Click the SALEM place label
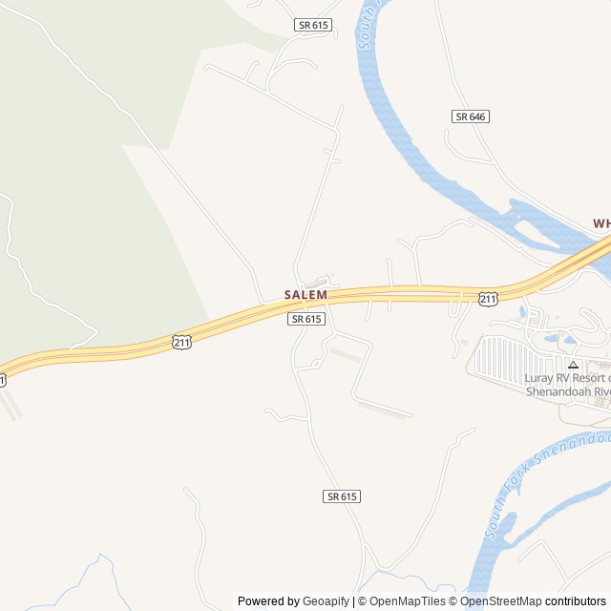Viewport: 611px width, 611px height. coord(305,295)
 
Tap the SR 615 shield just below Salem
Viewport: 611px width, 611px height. coord(305,319)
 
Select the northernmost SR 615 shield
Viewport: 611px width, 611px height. coord(313,25)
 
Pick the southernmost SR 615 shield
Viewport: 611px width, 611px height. coord(342,496)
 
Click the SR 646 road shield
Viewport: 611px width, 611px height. coord(471,116)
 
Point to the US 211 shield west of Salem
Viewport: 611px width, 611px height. coord(181,342)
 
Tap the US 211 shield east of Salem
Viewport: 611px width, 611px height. coord(488,299)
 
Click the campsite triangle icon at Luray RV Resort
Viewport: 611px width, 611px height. coord(573,364)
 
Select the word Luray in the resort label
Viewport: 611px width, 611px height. coord(539,377)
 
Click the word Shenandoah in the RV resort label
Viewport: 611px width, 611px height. coord(560,390)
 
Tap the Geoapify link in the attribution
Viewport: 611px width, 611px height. coord(326,601)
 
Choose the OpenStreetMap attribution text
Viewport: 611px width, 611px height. coord(500,601)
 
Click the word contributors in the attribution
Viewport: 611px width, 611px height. coord(576,601)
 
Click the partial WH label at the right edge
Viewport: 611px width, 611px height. coord(601,223)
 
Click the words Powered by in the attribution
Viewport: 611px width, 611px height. coord(268,601)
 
